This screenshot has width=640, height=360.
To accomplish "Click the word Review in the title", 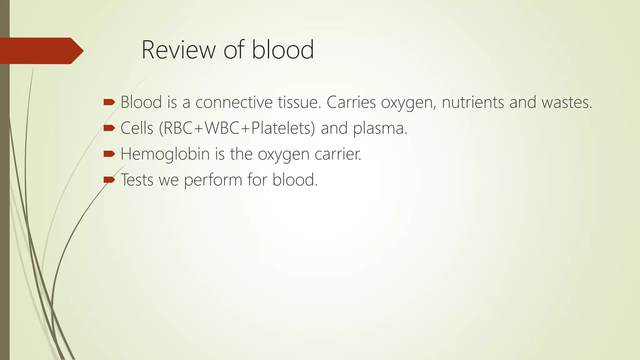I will pos(178,50).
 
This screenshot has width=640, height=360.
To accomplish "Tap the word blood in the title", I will pos(283,50).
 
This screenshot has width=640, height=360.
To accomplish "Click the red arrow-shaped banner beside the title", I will pos(41,51).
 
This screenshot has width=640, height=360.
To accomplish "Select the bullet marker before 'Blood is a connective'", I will pos(109,102).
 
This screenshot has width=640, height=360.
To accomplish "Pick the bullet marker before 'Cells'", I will pos(109,128).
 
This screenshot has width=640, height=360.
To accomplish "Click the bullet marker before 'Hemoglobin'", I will pos(109,153).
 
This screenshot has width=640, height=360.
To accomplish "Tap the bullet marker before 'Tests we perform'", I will pos(109,179).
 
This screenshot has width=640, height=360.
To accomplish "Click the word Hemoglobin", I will pos(165,154).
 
